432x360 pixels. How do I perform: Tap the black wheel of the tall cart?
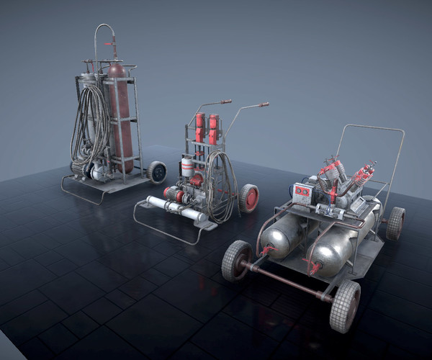[x=157, y=171]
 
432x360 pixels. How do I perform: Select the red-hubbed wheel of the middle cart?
[x=249, y=197]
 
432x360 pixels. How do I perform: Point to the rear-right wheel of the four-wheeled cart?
[x=395, y=223]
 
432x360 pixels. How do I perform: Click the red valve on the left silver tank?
[x=267, y=251]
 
